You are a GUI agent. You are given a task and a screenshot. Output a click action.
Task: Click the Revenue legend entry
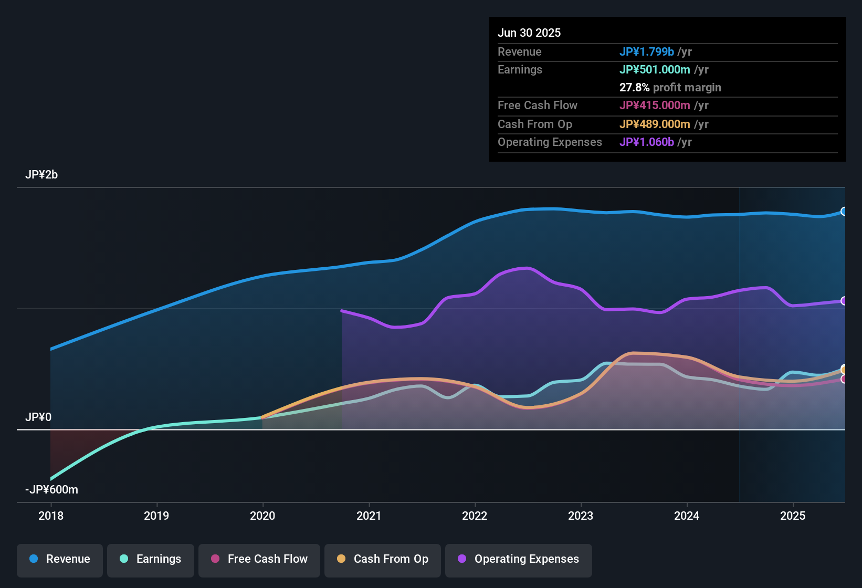pyautogui.click(x=60, y=559)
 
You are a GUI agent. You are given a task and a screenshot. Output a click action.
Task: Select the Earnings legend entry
pyautogui.click(x=151, y=559)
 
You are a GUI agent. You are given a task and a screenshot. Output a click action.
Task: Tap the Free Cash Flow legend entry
pyautogui.click(x=259, y=559)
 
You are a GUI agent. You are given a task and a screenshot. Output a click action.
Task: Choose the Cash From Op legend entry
pyautogui.click(x=383, y=559)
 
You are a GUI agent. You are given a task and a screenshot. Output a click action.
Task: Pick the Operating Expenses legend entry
pyautogui.click(x=519, y=559)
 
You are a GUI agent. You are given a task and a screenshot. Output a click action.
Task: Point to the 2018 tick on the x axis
pyautogui.click(x=51, y=516)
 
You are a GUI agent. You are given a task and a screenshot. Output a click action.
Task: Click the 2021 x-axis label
pyautogui.click(x=369, y=516)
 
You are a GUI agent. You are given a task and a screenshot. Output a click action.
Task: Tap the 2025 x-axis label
pyautogui.click(x=793, y=516)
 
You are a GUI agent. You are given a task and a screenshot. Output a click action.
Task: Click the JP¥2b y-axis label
pyautogui.click(x=41, y=175)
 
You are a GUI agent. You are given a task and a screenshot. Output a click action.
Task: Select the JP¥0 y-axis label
pyautogui.click(x=38, y=417)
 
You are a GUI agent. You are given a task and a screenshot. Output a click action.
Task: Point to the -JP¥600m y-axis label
pyautogui.click(x=51, y=490)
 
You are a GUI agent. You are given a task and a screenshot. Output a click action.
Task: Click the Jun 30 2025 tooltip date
pyautogui.click(x=529, y=33)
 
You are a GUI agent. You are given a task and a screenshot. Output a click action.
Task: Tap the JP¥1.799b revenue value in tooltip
pyautogui.click(x=646, y=52)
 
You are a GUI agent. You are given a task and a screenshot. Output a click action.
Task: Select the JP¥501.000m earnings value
pyautogui.click(x=655, y=70)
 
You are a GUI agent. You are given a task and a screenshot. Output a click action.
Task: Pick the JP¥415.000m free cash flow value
pyautogui.click(x=655, y=106)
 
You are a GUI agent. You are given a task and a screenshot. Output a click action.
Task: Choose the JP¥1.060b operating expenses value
pyautogui.click(x=646, y=142)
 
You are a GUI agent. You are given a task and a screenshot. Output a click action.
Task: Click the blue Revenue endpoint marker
pyautogui.click(x=844, y=212)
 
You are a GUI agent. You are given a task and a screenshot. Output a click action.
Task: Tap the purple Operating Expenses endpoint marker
pyautogui.click(x=844, y=301)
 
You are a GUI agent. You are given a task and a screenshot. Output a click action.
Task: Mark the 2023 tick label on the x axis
pyautogui.click(x=581, y=516)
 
